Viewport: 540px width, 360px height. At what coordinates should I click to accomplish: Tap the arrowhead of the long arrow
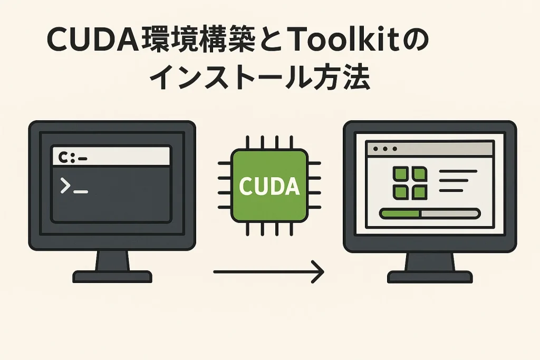tap(318, 272)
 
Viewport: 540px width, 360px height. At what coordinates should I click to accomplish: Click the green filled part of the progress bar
tap(399, 213)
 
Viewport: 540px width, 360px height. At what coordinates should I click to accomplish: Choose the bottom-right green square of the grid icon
tap(419, 192)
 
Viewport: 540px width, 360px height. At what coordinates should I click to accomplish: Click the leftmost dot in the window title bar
tap(375, 149)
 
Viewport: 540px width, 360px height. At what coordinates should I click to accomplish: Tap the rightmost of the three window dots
tap(394, 149)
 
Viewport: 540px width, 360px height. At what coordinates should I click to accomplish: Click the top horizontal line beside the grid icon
tap(458, 171)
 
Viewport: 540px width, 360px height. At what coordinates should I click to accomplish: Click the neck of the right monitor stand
tap(430, 261)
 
